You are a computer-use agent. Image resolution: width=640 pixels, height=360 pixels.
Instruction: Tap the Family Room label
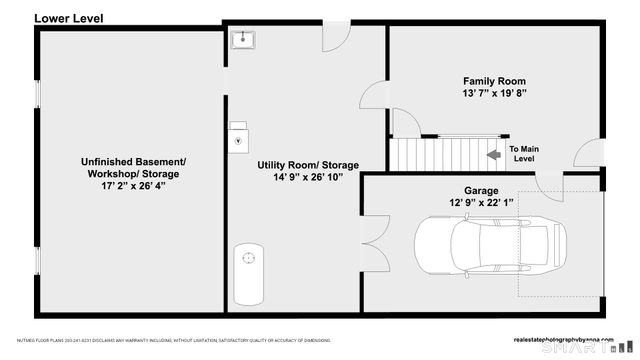[493, 81]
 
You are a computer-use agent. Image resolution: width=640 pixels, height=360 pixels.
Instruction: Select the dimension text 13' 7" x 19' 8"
[493, 93]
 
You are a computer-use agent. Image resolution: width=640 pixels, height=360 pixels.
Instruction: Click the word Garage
[480, 191]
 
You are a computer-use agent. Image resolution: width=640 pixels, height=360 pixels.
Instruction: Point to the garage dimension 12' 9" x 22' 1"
[480, 203]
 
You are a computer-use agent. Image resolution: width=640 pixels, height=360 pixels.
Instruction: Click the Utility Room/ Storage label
[308, 165]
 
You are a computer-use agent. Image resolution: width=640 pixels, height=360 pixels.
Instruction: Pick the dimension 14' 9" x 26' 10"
[308, 177]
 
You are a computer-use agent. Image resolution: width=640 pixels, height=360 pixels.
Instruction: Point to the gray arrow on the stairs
[492, 155]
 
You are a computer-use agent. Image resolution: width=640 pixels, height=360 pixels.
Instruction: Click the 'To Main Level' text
[523, 153]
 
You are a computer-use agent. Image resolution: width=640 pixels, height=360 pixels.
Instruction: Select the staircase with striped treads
[419, 154]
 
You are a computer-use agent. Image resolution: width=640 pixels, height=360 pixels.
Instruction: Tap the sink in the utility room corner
[243, 39]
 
